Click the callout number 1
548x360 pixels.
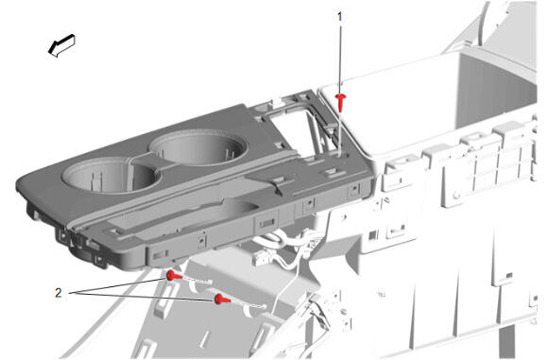tap(340, 16)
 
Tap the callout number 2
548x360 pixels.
tap(59, 293)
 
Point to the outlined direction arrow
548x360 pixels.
tap(61, 45)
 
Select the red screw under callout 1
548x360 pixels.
tap(341, 102)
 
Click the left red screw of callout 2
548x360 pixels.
tap(173, 276)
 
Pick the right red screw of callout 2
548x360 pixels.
tap(222, 300)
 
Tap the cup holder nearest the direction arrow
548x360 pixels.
tap(111, 174)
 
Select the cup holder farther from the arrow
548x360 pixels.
tap(198, 146)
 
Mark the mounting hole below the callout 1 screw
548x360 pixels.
tap(340, 153)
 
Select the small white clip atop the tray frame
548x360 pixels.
tap(277, 101)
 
